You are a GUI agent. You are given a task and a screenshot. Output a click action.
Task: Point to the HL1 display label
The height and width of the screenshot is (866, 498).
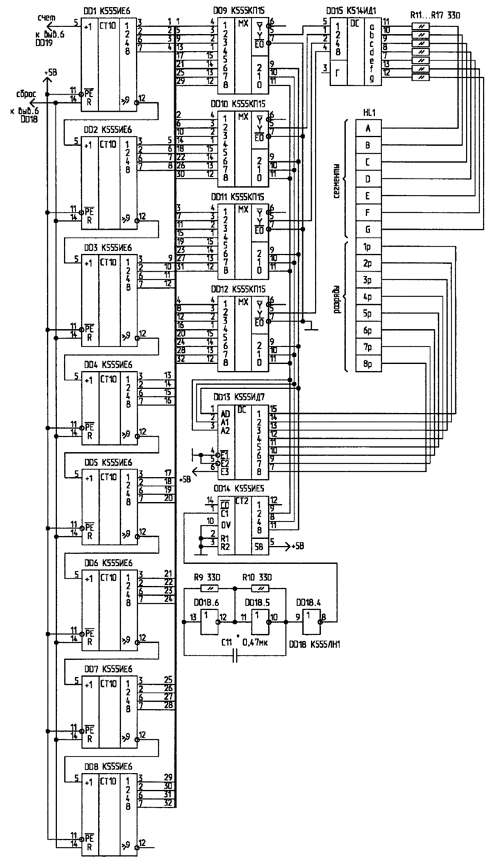(x=369, y=113)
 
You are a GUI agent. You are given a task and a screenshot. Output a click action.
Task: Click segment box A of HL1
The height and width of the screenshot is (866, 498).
(x=368, y=129)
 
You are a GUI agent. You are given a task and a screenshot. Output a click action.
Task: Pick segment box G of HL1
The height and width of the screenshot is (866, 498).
(x=368, y=229)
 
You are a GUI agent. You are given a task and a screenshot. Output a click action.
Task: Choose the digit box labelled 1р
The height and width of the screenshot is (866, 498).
(x=368, y=247)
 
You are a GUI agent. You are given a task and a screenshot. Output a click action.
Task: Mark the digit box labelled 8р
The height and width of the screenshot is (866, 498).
(x=368, y=363)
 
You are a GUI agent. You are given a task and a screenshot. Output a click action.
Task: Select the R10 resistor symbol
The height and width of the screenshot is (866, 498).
(x=263, y=589)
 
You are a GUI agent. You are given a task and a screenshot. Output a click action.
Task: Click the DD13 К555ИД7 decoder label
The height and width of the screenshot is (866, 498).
(x=242, y=396)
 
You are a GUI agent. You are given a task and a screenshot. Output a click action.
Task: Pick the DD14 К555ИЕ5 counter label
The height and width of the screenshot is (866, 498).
(x=241, y=490)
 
